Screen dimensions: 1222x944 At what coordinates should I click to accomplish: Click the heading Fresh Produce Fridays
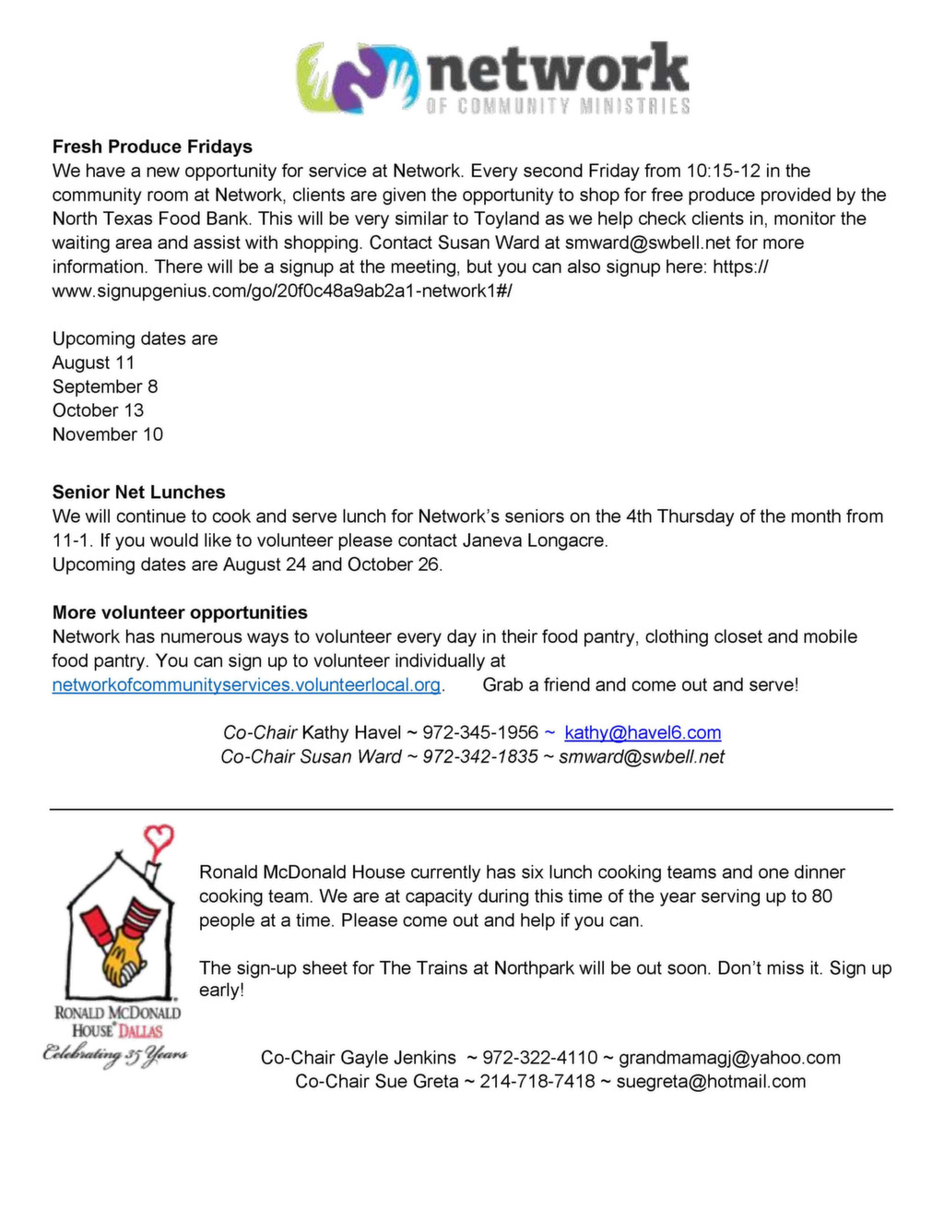(x=152, y=147)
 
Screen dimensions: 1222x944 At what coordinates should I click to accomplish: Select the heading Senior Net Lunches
(x=138, y=492)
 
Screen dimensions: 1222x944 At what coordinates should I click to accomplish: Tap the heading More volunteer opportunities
(x=180, y=612)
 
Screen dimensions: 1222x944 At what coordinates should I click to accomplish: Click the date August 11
(x=93, y=362)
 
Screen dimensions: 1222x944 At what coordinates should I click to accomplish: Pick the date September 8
(x=105, y=386)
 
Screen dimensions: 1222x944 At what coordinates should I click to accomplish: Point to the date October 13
(x=98, y=410)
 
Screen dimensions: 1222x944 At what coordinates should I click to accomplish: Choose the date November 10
(x=107, y=434)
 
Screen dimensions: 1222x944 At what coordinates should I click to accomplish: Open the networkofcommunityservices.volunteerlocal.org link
(x=246, y=685)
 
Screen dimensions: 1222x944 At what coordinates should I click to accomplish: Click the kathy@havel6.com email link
(x=643, y=733)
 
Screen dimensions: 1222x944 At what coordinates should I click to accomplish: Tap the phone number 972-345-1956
(x=480, y=733)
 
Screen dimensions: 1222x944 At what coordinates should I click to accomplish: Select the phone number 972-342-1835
(x=480, y=757)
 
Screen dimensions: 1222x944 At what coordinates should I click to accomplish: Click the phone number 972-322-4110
(x=540, y=1058)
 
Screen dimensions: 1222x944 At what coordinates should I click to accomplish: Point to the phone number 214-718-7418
(x=537, y=1082)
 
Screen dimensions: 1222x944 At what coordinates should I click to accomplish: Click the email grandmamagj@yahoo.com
(x=729, y=1058)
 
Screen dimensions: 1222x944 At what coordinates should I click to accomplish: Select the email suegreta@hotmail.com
(x=711, y=1082)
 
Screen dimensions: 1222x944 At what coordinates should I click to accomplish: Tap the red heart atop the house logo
(x=160, y=837)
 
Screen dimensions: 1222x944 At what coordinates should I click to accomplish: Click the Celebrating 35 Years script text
(x=115, y=1054)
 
